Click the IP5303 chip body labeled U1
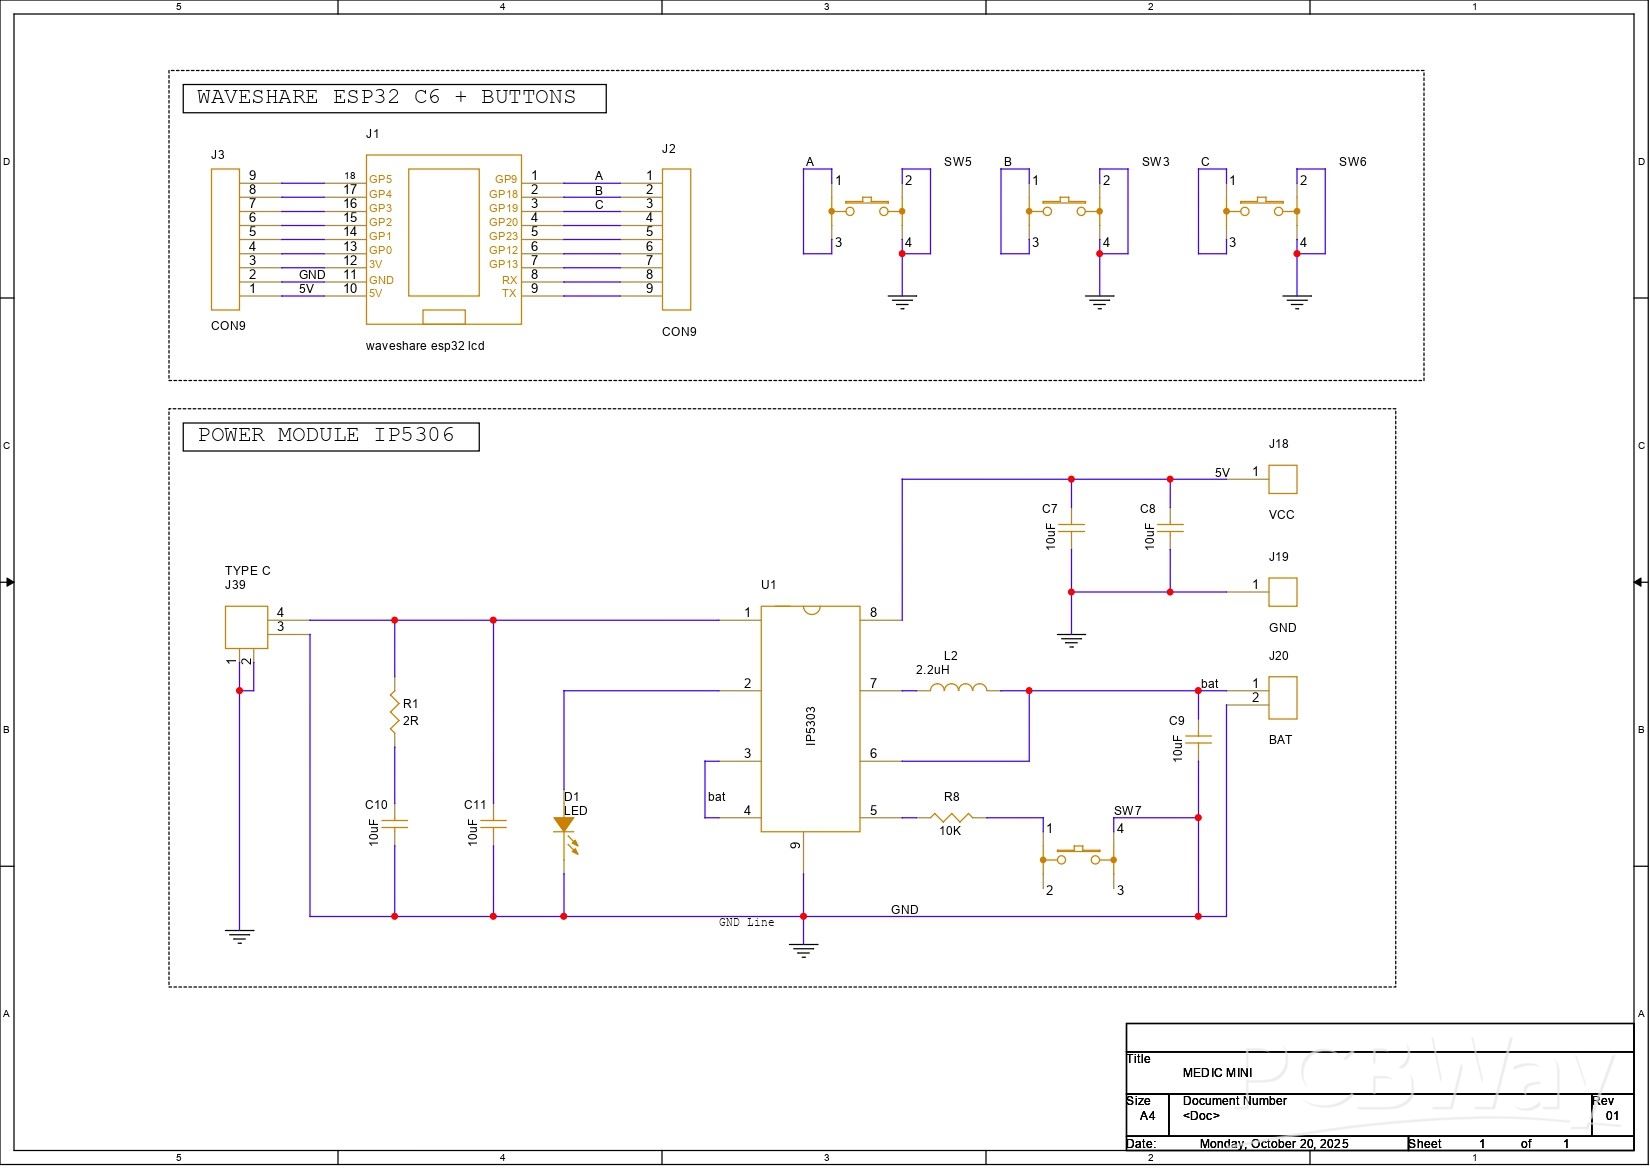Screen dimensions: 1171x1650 810,719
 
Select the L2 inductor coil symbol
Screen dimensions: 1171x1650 958,689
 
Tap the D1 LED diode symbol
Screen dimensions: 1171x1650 564,826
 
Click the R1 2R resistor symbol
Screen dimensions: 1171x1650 394,712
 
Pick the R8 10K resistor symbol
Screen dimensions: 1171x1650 951,817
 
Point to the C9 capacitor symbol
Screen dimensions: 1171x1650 1198,740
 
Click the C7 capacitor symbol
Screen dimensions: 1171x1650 1071,527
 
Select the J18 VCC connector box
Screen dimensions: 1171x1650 1282,479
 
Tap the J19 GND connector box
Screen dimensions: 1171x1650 1282,592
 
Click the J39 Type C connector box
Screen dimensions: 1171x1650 246,627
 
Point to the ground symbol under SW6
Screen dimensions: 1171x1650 1297,300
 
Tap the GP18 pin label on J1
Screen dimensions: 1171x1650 503,194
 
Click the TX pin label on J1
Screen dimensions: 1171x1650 509,293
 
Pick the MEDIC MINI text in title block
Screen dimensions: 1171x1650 1217,1073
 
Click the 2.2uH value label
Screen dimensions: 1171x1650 932,670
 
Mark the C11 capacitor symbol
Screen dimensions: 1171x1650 493,825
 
